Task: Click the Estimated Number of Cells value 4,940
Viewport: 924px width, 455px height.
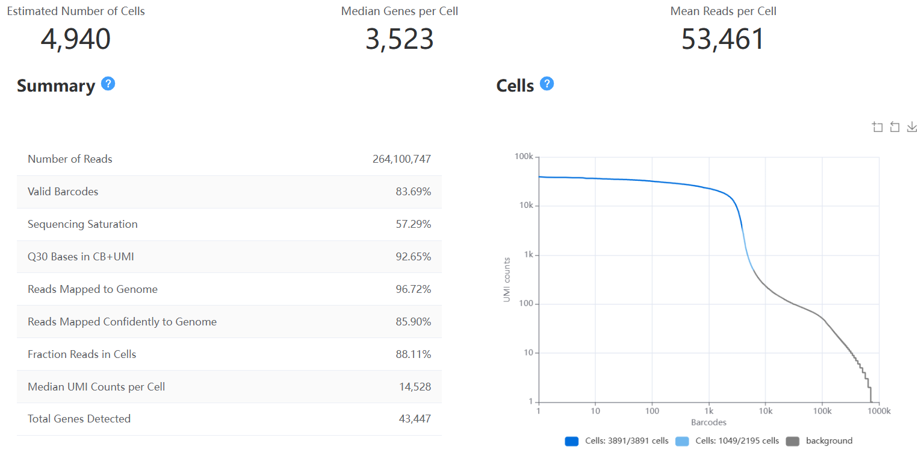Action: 76,39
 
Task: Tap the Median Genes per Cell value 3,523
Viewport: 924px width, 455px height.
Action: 399,39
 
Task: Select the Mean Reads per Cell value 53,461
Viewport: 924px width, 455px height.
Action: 722,39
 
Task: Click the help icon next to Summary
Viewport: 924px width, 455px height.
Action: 108,84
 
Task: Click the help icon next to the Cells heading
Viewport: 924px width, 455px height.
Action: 547,84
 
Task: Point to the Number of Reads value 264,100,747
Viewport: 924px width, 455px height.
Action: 402,159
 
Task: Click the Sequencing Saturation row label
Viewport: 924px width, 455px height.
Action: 82,224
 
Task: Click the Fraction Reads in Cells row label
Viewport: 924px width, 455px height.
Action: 82,354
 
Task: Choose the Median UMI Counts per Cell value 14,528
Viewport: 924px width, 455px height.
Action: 415,387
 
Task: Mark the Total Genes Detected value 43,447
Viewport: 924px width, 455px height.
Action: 415,419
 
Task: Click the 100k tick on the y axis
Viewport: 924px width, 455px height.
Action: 523,157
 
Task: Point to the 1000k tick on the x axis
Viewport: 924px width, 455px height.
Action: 878,411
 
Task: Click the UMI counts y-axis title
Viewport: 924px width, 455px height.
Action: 507,280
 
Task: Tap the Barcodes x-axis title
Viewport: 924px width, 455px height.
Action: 709,422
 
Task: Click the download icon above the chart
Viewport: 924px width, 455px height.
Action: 912,127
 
